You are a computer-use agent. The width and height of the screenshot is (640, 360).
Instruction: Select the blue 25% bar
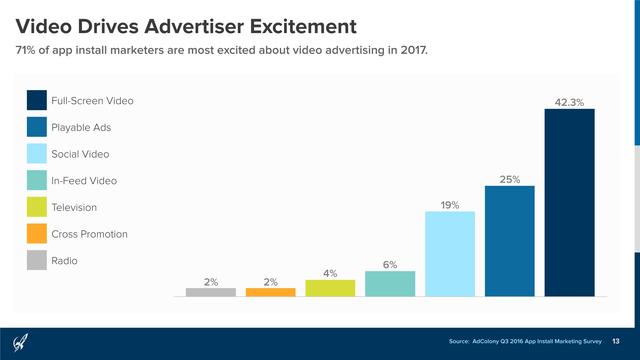click(509, 241)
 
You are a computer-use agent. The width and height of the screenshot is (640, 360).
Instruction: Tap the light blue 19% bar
click(449, 254)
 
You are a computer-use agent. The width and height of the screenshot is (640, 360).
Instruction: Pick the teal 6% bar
click(390, 284)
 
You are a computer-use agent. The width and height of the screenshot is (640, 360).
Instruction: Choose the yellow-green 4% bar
click(330, 288)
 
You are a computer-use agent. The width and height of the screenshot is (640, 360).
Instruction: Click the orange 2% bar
click(270, 292)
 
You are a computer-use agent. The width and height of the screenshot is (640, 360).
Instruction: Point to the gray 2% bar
click(211, 292)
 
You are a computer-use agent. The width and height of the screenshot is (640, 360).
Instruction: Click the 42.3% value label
click(569, 102)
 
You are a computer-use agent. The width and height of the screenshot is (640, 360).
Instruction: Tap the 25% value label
click(509, 179)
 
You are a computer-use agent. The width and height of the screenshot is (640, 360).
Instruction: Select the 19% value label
click(449, 205)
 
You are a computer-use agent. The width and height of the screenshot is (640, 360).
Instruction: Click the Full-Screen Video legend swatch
click(36, 101)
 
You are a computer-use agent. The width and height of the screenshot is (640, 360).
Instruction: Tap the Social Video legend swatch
click(36, 154)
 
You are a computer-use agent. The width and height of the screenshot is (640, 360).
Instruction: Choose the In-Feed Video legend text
click(84, 181)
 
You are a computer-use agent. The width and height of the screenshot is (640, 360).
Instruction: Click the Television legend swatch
click(36, 207)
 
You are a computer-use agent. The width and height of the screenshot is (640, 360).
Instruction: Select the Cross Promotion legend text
click(89, 234)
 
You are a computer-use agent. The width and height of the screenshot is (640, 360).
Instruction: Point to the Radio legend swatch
click(36, 260)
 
